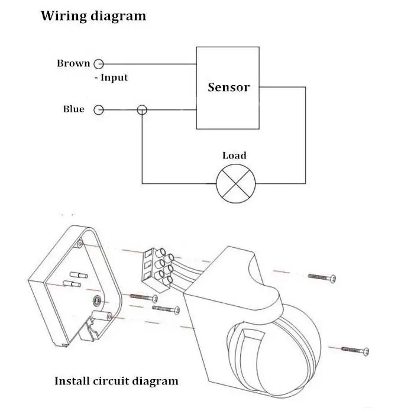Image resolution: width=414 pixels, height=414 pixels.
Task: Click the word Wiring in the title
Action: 64,16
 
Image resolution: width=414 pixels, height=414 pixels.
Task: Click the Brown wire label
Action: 74,63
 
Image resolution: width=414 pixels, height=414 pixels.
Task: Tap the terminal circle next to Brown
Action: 99,64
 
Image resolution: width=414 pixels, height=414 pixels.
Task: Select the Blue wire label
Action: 74,109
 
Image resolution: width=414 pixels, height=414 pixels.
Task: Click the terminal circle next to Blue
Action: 99,110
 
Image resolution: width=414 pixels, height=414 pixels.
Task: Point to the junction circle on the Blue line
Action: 142,110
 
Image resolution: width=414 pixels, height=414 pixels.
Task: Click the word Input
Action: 114,77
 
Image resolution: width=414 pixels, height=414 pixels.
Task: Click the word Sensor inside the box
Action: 229,88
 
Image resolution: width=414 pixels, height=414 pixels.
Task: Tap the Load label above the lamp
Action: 234,155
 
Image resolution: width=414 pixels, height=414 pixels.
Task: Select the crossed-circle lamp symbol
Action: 236,183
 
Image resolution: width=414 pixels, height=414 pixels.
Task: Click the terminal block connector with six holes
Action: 158,270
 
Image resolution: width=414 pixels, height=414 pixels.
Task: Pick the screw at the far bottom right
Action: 355,350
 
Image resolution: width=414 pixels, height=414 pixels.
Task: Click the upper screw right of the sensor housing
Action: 322,277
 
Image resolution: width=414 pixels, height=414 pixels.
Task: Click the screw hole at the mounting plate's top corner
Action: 80,244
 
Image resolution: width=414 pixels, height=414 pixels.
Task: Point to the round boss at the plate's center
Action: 97,300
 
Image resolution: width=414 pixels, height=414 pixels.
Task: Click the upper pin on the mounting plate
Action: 79,275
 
